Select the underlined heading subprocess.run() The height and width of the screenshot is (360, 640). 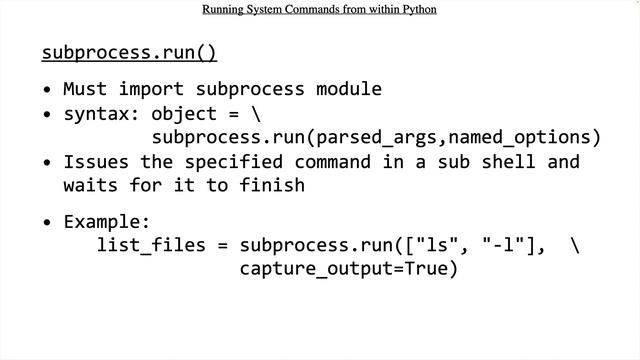tap(129, 52)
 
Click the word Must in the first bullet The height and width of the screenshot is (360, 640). tap(85, 89)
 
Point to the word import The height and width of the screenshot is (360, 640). tap(151, 89)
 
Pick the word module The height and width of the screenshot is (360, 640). tap(349, 89)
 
